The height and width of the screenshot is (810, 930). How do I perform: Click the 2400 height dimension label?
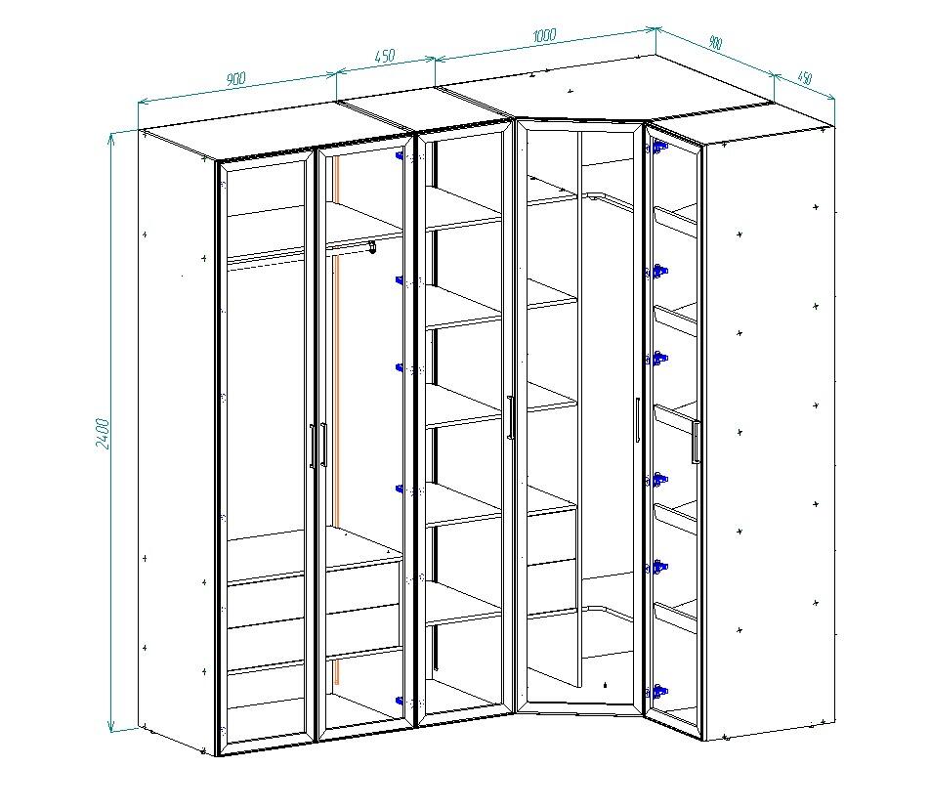(103, 433)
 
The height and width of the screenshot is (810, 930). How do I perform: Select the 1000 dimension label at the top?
(544, 35)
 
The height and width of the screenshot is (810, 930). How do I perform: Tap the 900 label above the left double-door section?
(235, 79)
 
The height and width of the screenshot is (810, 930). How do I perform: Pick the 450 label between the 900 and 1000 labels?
(384, 57)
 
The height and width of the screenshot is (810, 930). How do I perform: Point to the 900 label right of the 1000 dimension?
(715, 43)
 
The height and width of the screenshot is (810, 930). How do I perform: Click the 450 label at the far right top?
(805, 78)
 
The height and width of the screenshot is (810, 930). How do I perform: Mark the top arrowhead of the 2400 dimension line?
(110, 139)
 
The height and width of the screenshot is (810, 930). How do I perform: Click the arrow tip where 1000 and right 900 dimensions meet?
(655, 27)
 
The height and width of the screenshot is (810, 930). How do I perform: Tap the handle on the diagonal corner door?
(637, 420)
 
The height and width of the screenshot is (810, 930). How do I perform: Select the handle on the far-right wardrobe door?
(696, 442)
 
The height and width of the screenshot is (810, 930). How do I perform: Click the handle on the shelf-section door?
(510, 417)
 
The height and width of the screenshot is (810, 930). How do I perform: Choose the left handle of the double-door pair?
(312, 447)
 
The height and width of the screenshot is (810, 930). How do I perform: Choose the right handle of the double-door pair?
(323, 445)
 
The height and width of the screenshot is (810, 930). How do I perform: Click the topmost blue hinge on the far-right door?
(659, 146)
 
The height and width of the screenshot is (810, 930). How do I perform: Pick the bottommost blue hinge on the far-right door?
(658, 692)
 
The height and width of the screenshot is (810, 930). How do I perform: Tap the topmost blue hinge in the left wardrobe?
(401, 156)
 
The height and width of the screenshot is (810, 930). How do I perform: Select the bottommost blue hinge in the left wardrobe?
(401, 701)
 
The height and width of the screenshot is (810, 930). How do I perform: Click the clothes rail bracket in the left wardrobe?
(372, 247)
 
